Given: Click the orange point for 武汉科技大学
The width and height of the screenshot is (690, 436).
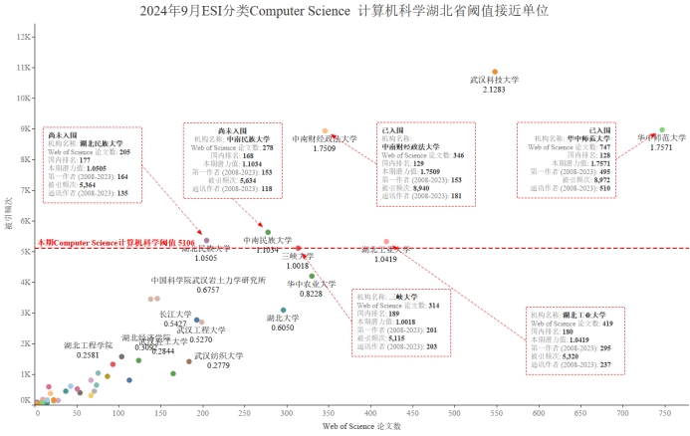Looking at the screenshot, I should (x=495, y=72).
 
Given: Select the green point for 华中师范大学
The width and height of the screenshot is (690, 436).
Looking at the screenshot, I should (x=662, y=130).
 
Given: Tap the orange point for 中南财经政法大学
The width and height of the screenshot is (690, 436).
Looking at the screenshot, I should (x=325, y=131).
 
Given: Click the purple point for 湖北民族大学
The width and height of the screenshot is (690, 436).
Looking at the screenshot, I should (x=207, y=241).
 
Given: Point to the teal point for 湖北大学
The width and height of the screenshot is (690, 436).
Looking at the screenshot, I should (x=284, y=310).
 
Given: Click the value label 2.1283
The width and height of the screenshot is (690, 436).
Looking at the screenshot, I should (x=494, y=90).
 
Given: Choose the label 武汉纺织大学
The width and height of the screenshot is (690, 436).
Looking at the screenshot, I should (x=218, y=355).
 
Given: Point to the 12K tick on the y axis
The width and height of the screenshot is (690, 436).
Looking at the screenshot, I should (x=24, y=38).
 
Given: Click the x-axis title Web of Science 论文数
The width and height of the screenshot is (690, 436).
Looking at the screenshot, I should (x=361, y=426).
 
